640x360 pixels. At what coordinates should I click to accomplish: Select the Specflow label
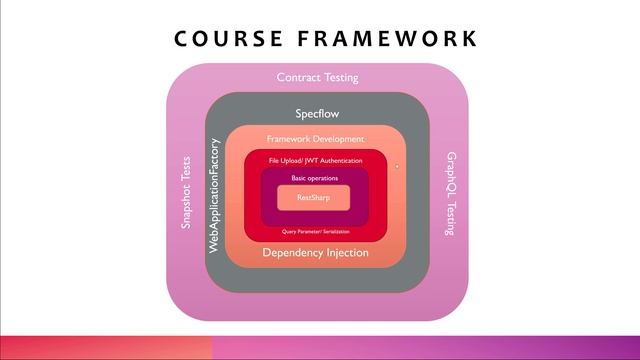click(316, 113)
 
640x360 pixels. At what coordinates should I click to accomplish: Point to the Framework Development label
click(315, 138)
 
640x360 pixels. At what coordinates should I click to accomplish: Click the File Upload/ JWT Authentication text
click(315, 160)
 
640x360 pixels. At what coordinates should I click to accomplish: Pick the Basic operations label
click(315, 178)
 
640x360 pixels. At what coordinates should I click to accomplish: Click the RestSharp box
click(315, 198)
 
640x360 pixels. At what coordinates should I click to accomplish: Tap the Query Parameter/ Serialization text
click(315, 231)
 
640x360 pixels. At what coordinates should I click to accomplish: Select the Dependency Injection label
click(315, 253)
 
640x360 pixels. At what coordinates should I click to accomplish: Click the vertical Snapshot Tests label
click(186, 194)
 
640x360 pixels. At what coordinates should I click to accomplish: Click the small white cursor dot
click(397, 167)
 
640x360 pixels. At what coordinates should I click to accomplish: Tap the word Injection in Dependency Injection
click(343, 253)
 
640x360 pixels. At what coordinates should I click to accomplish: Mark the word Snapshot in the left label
click(186, 211)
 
